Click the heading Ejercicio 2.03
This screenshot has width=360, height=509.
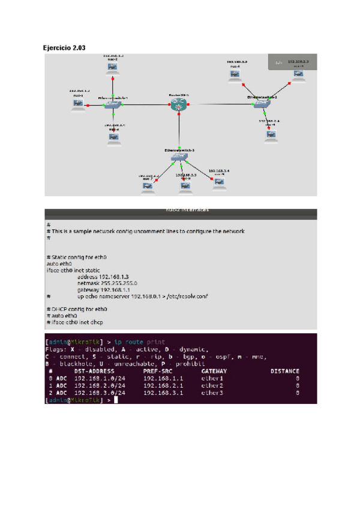click(x=64, y=47)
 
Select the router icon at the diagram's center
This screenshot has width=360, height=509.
click(x=178, y=105)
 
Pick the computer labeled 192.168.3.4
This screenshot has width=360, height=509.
click(x=220, y=181)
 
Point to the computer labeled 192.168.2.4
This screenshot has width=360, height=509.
click(x=271, y=134)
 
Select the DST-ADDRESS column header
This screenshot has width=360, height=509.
click(x=95, y=371)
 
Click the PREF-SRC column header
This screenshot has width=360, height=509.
click(x=158, y=371)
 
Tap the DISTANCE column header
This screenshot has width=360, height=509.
click(x=284, y=371)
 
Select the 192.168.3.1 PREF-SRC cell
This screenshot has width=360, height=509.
click(x=163, y=393)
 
